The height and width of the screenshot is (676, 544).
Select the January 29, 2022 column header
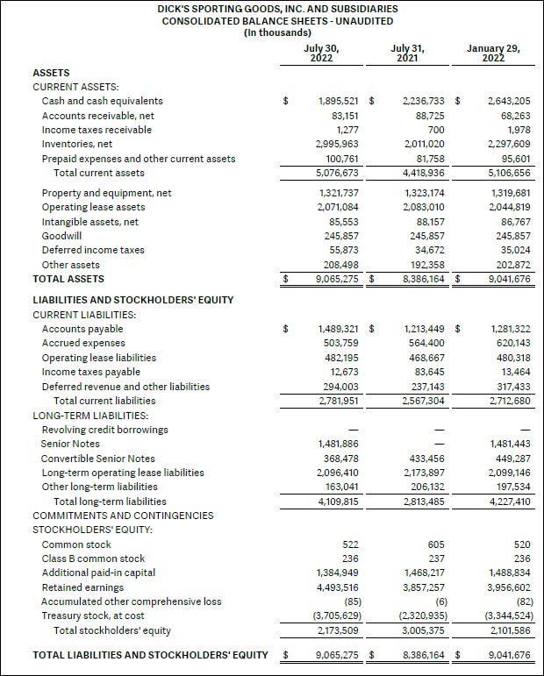tap(493, 53)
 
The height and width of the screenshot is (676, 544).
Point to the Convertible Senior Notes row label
tap(98, 459)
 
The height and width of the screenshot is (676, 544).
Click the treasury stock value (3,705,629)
tap(334, 616)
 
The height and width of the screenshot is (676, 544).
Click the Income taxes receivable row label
tap(97, 130)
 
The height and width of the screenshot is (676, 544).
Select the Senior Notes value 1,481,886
tap(337, 445)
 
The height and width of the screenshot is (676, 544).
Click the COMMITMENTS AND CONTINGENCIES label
tap(123, 516)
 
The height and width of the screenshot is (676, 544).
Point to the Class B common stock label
tap(93, 559)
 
